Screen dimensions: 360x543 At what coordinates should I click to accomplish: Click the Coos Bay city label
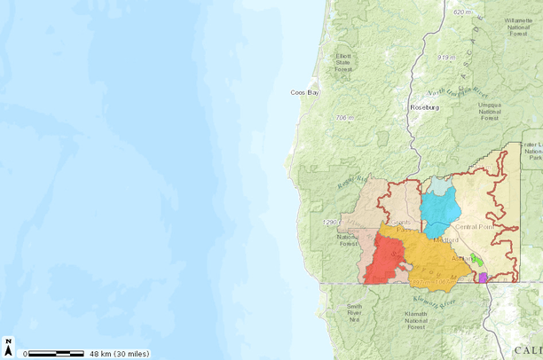point(304,92)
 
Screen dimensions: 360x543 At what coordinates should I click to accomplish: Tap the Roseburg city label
point(424,107)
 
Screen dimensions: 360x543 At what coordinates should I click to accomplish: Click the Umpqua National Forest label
point(490,108)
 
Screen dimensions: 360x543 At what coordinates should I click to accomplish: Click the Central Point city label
point(476,226)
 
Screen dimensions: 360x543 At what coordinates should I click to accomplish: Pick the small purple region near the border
point(483,278)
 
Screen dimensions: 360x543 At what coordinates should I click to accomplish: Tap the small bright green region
point(477,261)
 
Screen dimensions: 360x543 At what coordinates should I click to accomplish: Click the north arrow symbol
point(9,348)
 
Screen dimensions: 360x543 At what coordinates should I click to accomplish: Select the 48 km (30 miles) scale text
point(119,354)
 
